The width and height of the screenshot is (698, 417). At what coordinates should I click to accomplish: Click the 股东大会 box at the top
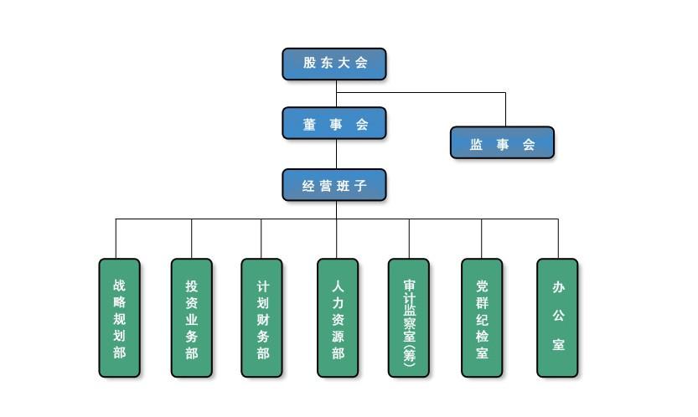click(334, 64)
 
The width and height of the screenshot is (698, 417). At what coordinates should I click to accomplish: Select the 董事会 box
click(334, 123)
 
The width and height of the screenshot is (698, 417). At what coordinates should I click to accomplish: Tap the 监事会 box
click(502, 143)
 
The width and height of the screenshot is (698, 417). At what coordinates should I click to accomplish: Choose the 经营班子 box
click(334, 185)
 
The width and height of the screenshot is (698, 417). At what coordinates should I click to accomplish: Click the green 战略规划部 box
click(120, 318)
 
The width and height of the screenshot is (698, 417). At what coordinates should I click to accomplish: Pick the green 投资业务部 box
click(192, 318)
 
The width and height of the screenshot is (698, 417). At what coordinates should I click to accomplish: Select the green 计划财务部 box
click(262, 318)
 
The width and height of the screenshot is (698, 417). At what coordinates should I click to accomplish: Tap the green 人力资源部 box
click(338, 318)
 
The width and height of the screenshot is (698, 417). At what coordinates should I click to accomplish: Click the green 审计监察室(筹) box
click(409, 318)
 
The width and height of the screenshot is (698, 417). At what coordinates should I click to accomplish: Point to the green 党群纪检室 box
click(482, 318)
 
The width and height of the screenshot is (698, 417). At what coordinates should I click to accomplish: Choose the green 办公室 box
click(557, 318)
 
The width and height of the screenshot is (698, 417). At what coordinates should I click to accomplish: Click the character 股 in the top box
click(311, 64)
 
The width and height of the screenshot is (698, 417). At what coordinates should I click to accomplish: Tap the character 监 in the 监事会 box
click(476, 144)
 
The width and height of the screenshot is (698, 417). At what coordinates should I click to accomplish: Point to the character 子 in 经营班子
click(359, 185)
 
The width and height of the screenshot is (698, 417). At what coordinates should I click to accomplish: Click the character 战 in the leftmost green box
click(120, 285)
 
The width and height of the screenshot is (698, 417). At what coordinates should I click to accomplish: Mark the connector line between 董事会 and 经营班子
click(337, 154)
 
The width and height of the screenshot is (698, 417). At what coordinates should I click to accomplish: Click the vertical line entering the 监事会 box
click(505, 110)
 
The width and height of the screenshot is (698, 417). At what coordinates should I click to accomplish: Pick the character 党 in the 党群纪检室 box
click(482, 286)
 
